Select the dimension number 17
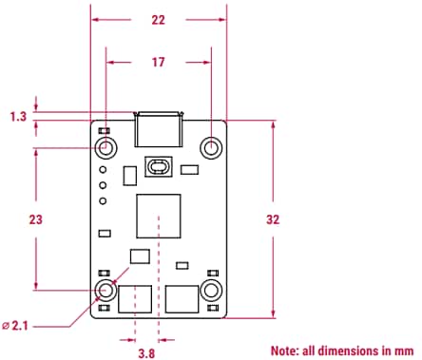158,63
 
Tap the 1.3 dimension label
17,116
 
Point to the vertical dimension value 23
36,218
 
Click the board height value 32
274,218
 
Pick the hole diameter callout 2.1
18,326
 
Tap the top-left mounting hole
105,147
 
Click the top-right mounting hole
211,147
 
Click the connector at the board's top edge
159,128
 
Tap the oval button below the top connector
158,168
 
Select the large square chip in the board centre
158,218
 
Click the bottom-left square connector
135,298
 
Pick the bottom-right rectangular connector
182,298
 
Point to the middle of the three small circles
102,185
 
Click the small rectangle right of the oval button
189,171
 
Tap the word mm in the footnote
405,350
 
